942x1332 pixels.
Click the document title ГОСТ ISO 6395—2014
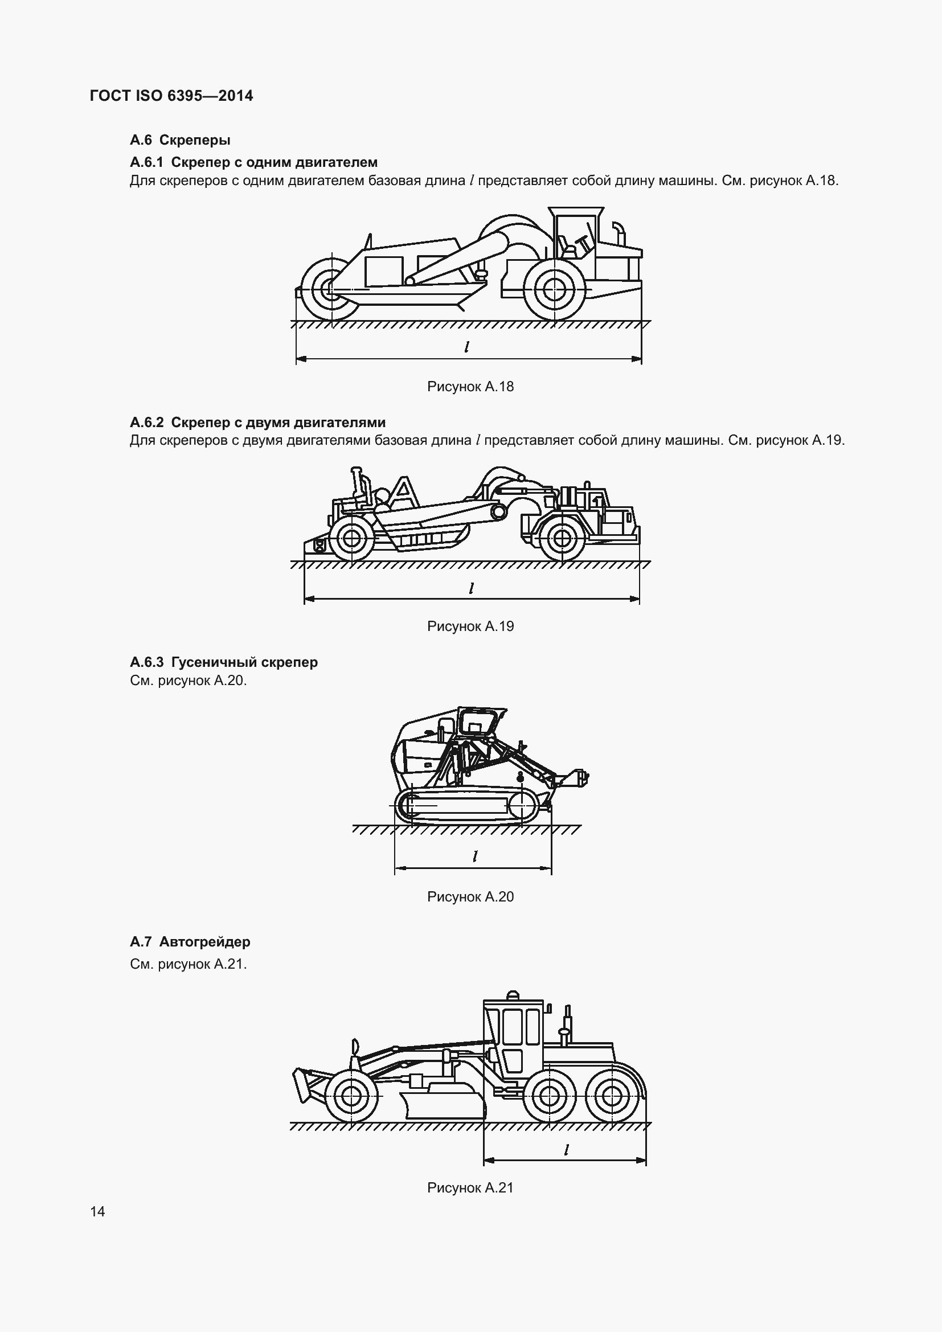[171, 96]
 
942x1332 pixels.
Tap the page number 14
[97, 1211]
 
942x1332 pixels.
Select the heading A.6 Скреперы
[180, 140]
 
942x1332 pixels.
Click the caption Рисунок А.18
[470, 386]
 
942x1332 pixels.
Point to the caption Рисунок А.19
[470, 626]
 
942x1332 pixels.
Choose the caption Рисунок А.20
[470, 896]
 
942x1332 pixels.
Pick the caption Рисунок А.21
[470, 1187]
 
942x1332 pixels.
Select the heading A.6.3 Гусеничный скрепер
[224, 662]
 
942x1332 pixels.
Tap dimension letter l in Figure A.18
[467, 347]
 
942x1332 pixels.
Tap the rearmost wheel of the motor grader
[608, 1095]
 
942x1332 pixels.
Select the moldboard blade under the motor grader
[444, 1106]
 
